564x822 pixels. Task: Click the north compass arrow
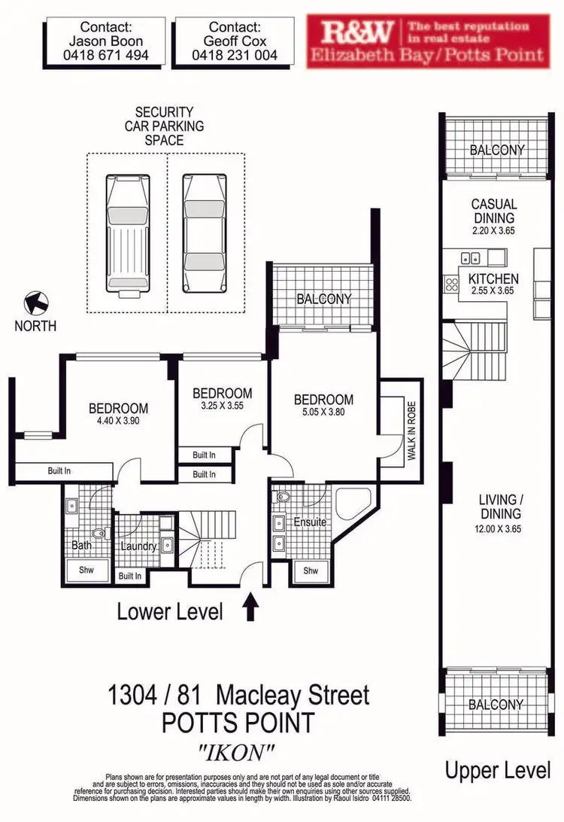36,304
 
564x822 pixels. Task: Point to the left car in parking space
127,233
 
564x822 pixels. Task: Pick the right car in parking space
204,233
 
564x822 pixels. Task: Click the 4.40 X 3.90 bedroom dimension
119,421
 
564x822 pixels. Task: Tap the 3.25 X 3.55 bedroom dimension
222,406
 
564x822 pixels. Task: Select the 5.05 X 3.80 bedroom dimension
323,413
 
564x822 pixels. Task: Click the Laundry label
138,546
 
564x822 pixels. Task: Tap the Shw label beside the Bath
86,570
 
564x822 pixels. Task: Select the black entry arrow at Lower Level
252,607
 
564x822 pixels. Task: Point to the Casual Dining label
494,210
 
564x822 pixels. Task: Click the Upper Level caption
497,770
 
